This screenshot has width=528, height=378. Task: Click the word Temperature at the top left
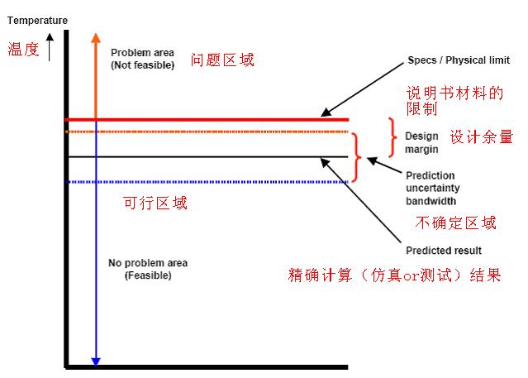37,20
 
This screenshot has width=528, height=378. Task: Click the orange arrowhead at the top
97,38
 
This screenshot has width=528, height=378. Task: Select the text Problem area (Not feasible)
142,59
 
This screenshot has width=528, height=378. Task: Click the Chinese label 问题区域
222,60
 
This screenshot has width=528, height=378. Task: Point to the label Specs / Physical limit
459,61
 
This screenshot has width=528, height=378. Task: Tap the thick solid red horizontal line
207,120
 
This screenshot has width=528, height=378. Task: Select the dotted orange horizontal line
207,132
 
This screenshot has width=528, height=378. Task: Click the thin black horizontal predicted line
207,156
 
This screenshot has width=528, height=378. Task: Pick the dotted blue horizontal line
207,182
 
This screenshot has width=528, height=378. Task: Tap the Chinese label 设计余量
481,136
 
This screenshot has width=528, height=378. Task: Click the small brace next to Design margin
392,136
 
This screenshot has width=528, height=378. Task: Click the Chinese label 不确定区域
455,222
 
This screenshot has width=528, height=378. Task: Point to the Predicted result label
443,251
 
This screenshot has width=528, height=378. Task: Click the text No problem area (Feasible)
147,269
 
